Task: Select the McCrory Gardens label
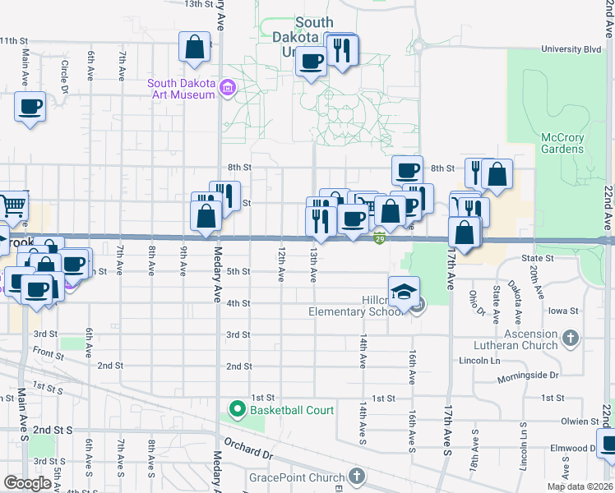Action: (562, 143)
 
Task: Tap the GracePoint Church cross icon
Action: (356, 475)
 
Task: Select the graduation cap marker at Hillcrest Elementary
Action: (405, 292)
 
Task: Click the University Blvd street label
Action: (571, 49)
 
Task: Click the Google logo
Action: (27, 483)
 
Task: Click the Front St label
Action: (49, 355)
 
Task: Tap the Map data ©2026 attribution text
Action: (578, 486)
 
